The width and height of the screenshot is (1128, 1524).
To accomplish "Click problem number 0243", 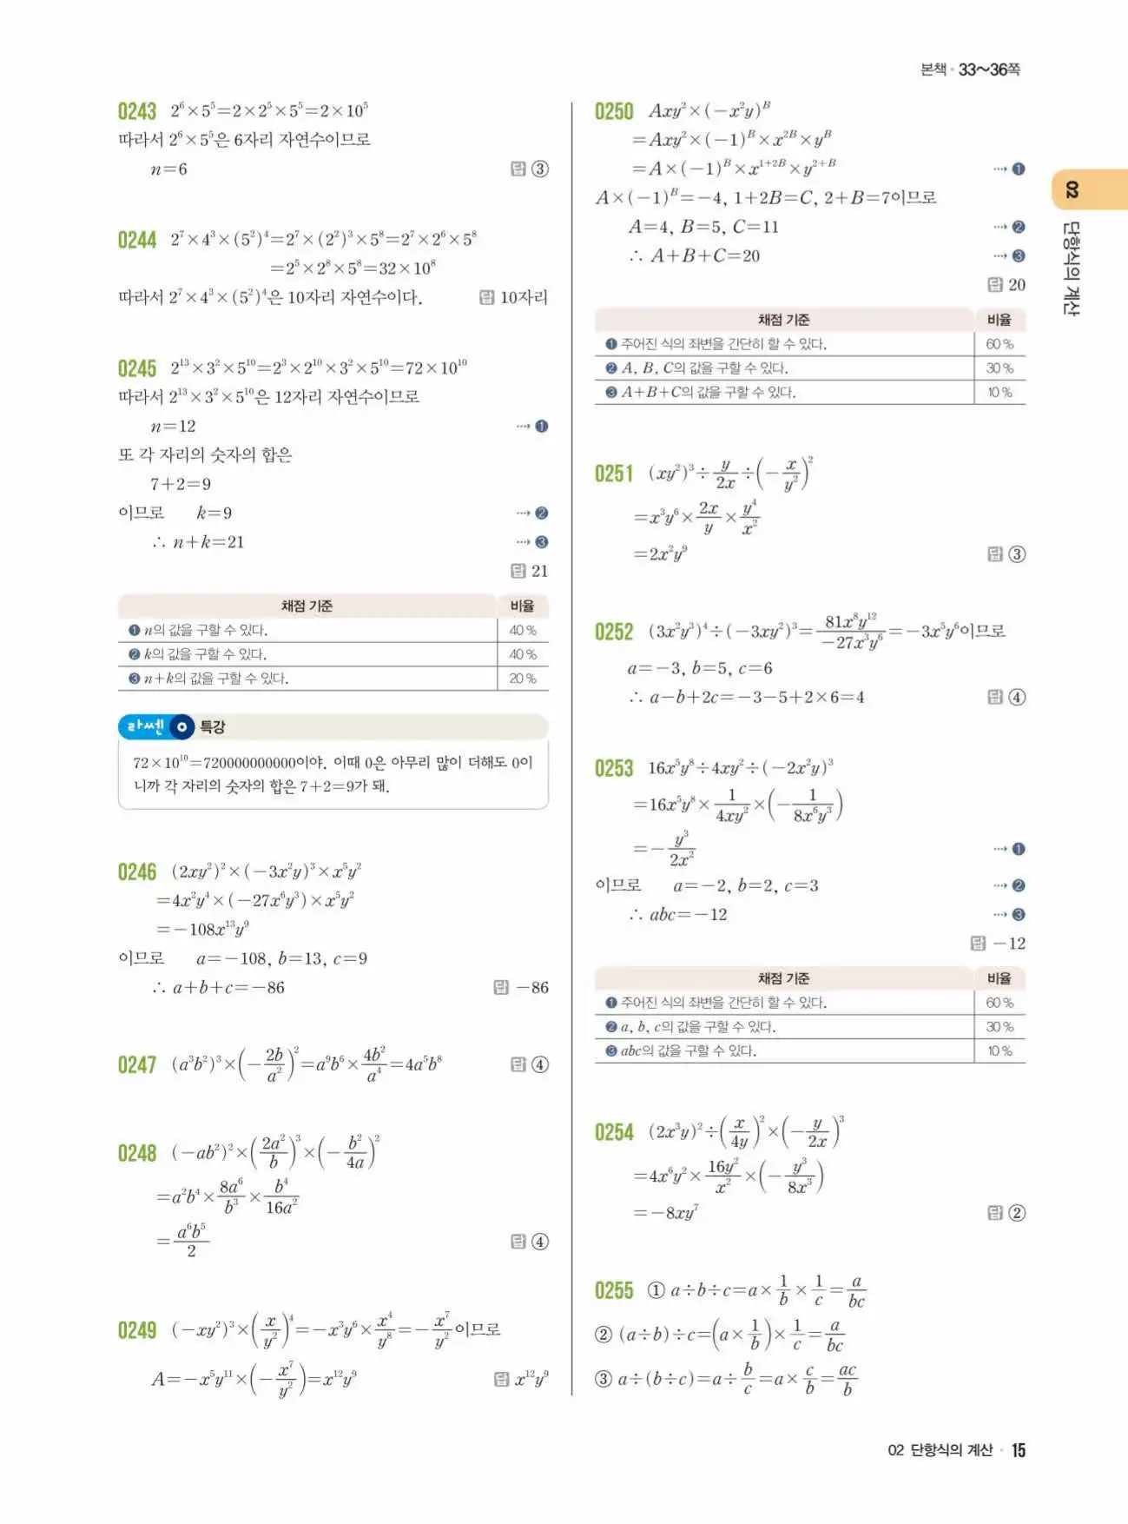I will pyautogui.click(x=137, y=111).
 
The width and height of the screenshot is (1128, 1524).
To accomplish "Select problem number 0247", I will pyautogui.click(x=137, y=1065).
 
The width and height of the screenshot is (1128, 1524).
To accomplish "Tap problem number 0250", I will pyautogui.click(x=614, y=111).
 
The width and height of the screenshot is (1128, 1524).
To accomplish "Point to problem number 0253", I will pyautogui.click(x=614, y=768).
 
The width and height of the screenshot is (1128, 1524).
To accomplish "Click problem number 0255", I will pyautogui.click(x=614, y=1291).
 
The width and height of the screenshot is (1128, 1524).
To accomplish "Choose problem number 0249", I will pyautogui.click(x=137, y=1330).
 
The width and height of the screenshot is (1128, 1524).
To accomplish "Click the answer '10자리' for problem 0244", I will pyautogui.click(x=524, y=298).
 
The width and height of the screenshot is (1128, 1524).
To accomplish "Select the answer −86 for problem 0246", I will pyautogui.click(x=531, y=988).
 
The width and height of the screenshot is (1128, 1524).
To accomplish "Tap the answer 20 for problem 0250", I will pyautogui.click(x=1016, y=285).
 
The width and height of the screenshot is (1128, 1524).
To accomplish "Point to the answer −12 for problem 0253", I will pyautogui.click(x=1009, y=944).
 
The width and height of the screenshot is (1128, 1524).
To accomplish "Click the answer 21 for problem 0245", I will pyautogui.click(x=539, y=571).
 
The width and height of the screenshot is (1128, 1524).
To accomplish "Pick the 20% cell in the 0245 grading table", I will pyautogui.click(x=523, y=679).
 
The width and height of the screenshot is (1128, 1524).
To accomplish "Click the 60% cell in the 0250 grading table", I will pyautogui.click(x=999, y=344).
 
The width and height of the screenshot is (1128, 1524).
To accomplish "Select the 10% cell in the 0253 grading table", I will pyautogui.click(x=999, y=1051).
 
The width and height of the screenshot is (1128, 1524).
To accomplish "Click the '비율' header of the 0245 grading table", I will pyautogui.click(x=523, y=606).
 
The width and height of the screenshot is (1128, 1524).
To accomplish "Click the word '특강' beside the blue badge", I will pyautogui.click(x=213, y=727).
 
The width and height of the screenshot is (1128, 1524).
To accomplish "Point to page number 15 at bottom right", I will pyautogui.click(x=1019, y=1450).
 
